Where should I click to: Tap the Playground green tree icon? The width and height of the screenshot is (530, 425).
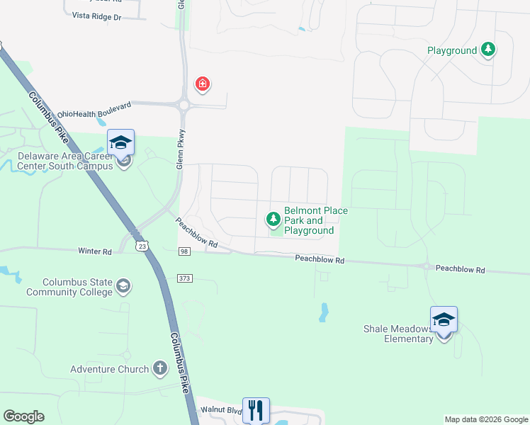tap(487, 50)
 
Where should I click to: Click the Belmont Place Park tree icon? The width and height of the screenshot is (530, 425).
tap(273, 220)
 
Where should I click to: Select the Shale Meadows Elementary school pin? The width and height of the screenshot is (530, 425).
tap(444, 319)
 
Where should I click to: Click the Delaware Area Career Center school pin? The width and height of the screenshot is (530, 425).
tap(120, 142)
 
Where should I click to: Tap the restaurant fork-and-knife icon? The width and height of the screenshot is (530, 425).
tap(256, 410)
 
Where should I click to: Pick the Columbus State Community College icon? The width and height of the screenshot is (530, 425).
tap(123, 286)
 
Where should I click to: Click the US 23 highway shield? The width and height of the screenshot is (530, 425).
tap(143, 246)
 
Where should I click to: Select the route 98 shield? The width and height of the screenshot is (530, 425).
tap(185, 252)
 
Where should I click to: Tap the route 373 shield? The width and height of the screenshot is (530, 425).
tap(185, 277)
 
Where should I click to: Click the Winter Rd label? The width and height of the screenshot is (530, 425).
tap(95, 251)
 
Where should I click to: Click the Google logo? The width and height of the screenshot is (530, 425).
tap(23, 416)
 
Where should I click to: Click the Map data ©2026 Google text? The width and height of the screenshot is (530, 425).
tap(485, 419)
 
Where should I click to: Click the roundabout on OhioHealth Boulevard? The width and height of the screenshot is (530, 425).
tap(184, 106)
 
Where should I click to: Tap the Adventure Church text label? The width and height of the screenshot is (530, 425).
tap(110, 369)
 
